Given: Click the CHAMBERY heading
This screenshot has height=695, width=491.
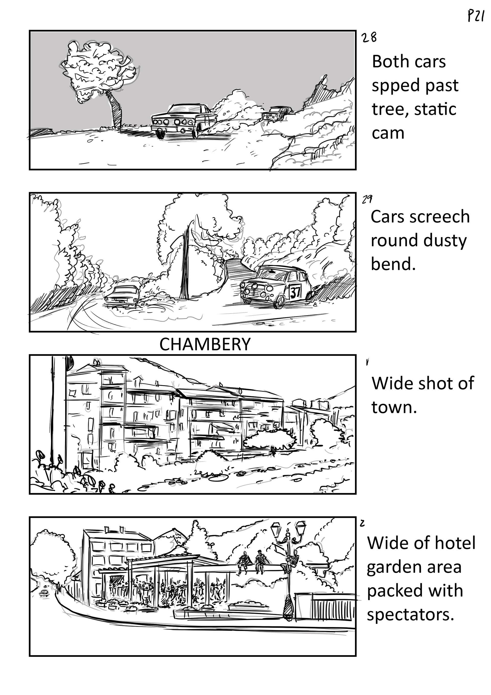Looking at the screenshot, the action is pyautogui.click(x=205, y=344).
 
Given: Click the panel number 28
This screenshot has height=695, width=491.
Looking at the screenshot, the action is pyautogui.click(x=369, y=38).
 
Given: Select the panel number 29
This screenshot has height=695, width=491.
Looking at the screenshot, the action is pyautogui.click(x=367, y=199).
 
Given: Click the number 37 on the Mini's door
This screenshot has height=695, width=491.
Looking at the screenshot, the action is pyautogui.click(x=295, y=293).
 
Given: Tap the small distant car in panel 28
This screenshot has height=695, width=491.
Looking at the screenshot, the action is pyautogui.click(x=276, y=113).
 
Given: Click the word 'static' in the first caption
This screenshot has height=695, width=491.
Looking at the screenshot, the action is pyautogui.click(x=435, y=109).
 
